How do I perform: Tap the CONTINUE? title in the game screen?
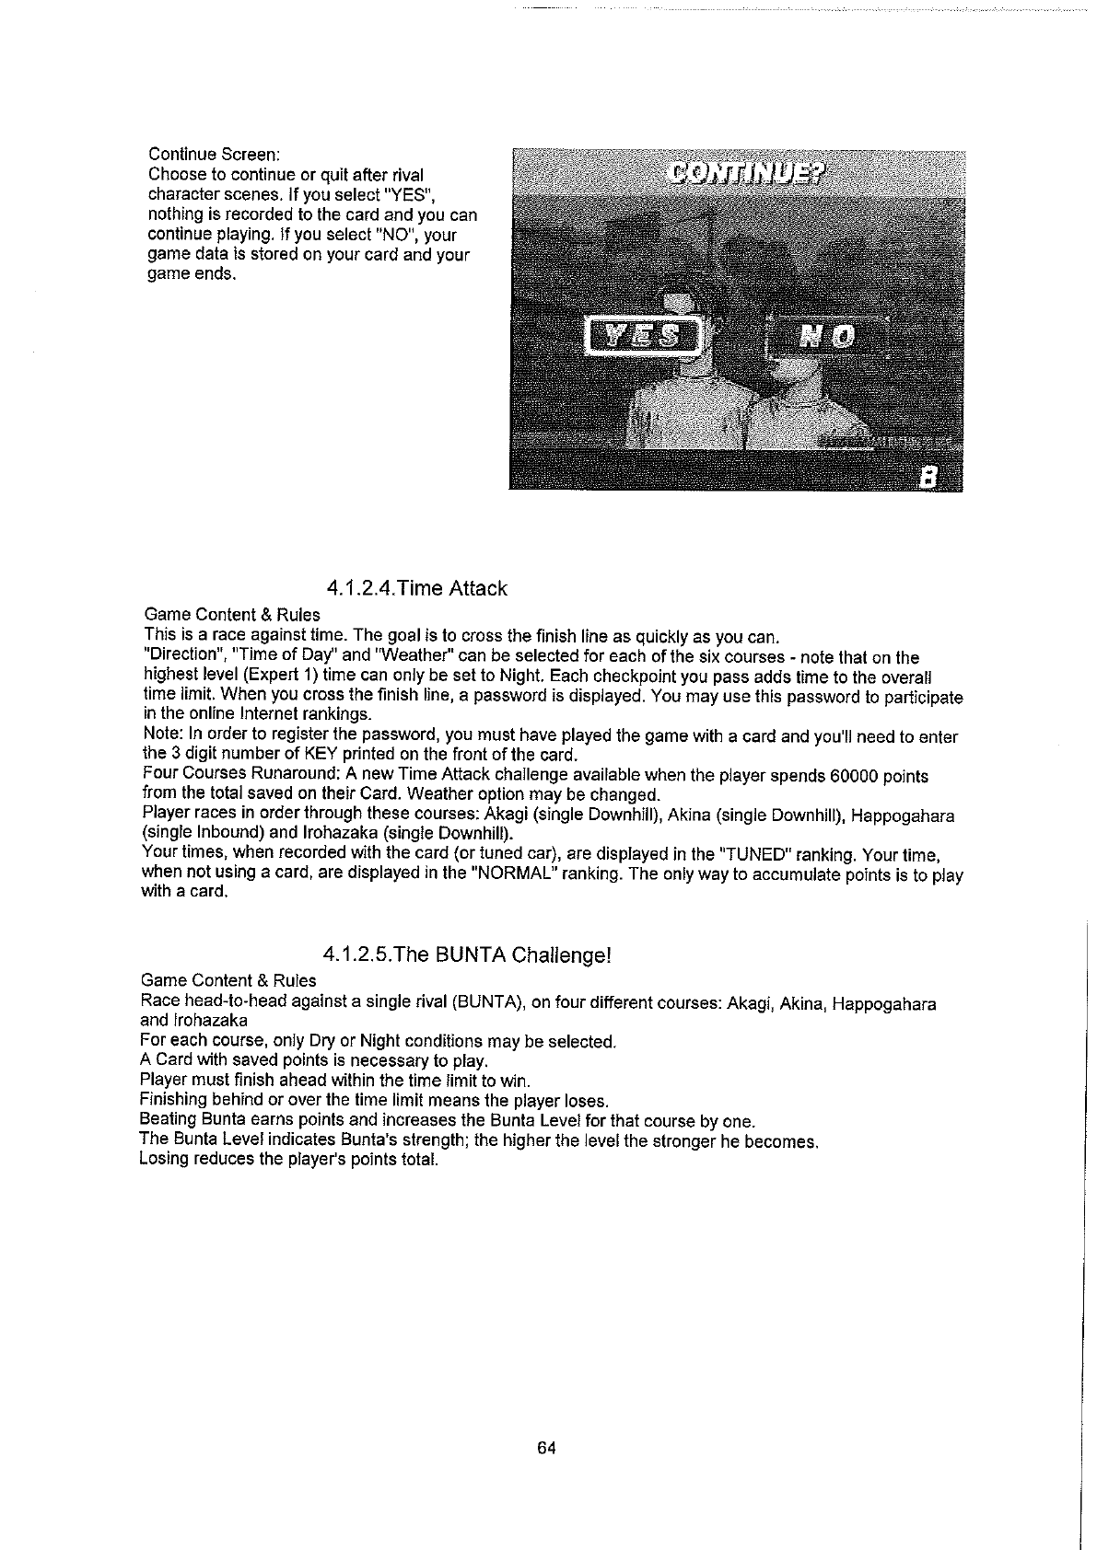[748, 175]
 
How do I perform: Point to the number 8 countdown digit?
[929, 475]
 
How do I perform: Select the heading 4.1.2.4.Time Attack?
[416, 588]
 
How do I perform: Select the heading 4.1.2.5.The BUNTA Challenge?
[468, 954]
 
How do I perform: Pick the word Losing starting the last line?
[163, 1160]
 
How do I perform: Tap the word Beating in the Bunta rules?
[167, 1120]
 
